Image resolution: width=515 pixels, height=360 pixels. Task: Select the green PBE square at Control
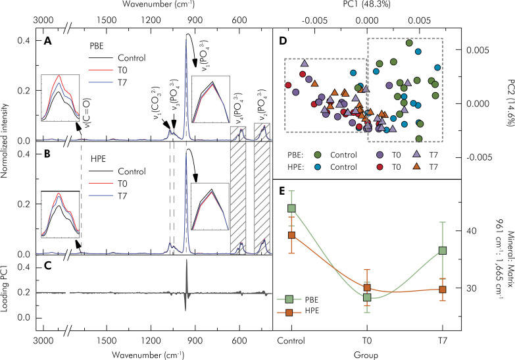click(x=291, y=208)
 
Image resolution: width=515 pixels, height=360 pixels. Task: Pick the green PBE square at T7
click(x=443, y=250)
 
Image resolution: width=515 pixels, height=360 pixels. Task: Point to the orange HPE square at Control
click(x=291, y=235)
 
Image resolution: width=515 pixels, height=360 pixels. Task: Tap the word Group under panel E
click(x=367, y=355)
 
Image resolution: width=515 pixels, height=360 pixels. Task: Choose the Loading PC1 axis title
click(x=6, y=292)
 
